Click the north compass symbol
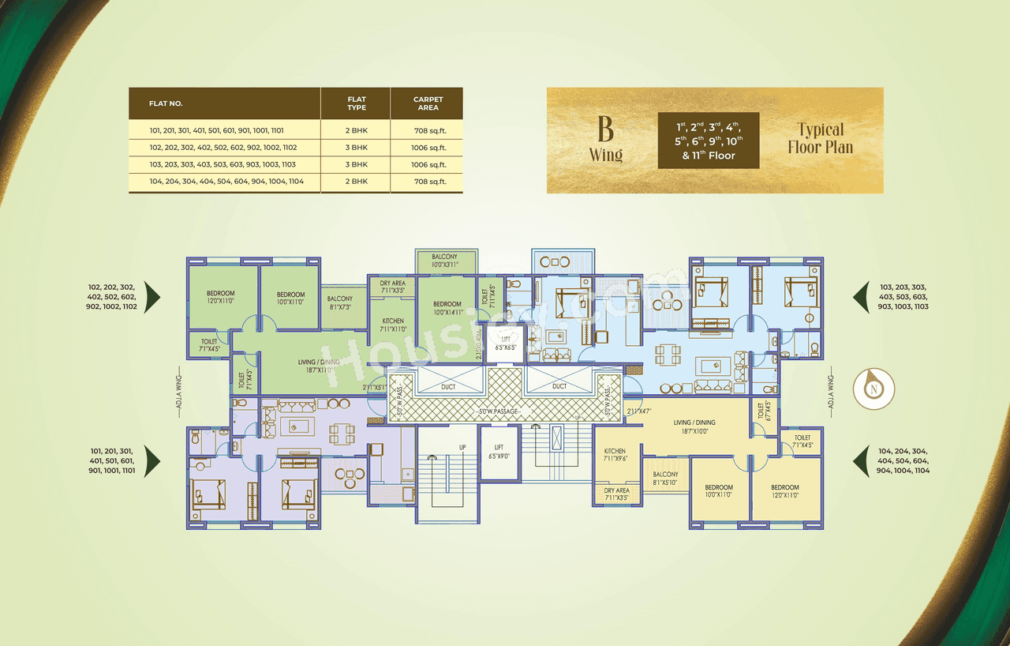873,389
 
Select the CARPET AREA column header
428,103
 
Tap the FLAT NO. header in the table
166,103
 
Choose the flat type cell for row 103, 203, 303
357,164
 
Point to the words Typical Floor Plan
820,138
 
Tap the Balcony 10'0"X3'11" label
447,261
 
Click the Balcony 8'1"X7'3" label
340,302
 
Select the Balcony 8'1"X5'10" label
665,479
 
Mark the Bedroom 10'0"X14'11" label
447,308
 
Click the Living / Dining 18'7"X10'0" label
694,427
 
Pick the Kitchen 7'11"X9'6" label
615,456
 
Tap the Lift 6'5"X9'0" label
499,452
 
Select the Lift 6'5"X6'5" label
505,344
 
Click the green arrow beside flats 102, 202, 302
152,298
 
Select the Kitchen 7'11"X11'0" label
392,325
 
